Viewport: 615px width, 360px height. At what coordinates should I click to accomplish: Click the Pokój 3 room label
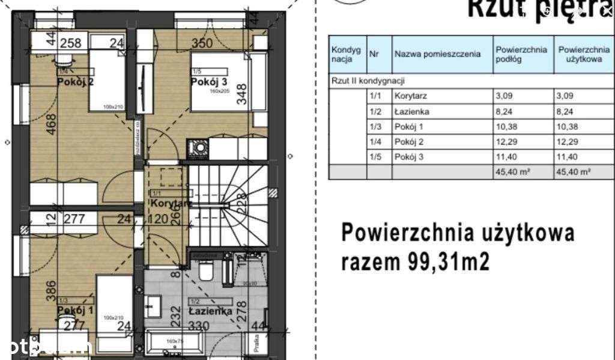[210, 82]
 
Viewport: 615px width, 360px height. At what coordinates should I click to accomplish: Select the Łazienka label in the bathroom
[210, 311]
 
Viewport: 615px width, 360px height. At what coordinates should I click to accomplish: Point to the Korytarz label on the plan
[171, 204]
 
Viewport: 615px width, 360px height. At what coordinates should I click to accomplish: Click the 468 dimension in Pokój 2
[53, 127]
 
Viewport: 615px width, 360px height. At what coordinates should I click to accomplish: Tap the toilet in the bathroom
[205, 272]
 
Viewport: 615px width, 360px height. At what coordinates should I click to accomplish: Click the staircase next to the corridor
[227, 204]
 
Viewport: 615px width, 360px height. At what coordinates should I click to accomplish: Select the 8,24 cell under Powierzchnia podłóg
[504, 111]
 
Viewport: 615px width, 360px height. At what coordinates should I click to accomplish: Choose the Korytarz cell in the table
[411, 96]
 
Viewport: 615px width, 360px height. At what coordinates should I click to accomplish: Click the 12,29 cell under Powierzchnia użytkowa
[568, 142]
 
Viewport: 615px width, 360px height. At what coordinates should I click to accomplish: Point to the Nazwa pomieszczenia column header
[437, 53]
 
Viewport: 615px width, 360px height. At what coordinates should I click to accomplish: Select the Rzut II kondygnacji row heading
[368, 80]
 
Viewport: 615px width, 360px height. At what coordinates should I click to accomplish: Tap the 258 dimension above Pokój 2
[70, 43]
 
